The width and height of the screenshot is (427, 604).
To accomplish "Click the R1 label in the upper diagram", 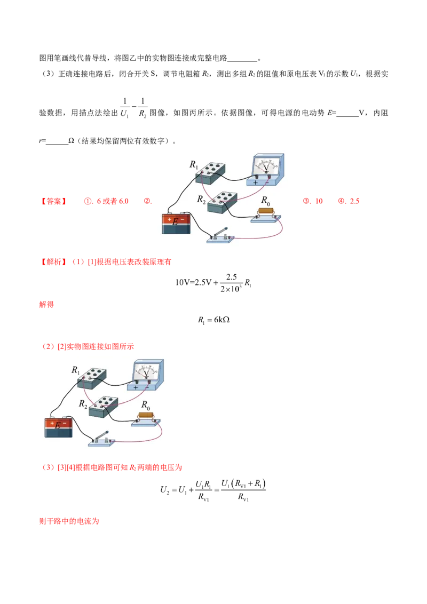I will pos(194,165).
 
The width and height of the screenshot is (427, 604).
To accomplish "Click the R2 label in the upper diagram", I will pos(201,200).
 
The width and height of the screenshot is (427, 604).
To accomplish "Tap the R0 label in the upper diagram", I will pos(265,201).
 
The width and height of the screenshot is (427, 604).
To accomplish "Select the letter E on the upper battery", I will pos(175,221).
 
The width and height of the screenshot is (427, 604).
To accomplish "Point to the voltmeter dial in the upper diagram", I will pos(266,165).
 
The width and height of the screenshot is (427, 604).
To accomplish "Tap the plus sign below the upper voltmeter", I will pos(256,182).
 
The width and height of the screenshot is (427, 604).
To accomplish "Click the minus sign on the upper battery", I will pos(183,218).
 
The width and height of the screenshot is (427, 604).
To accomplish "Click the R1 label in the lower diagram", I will pos(76,370).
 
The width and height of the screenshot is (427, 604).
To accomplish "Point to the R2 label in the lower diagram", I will pos(83,404).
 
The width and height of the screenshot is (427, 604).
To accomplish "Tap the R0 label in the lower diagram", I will pos(146,405).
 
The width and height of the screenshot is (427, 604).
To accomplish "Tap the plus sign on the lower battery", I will pos(52,423).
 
